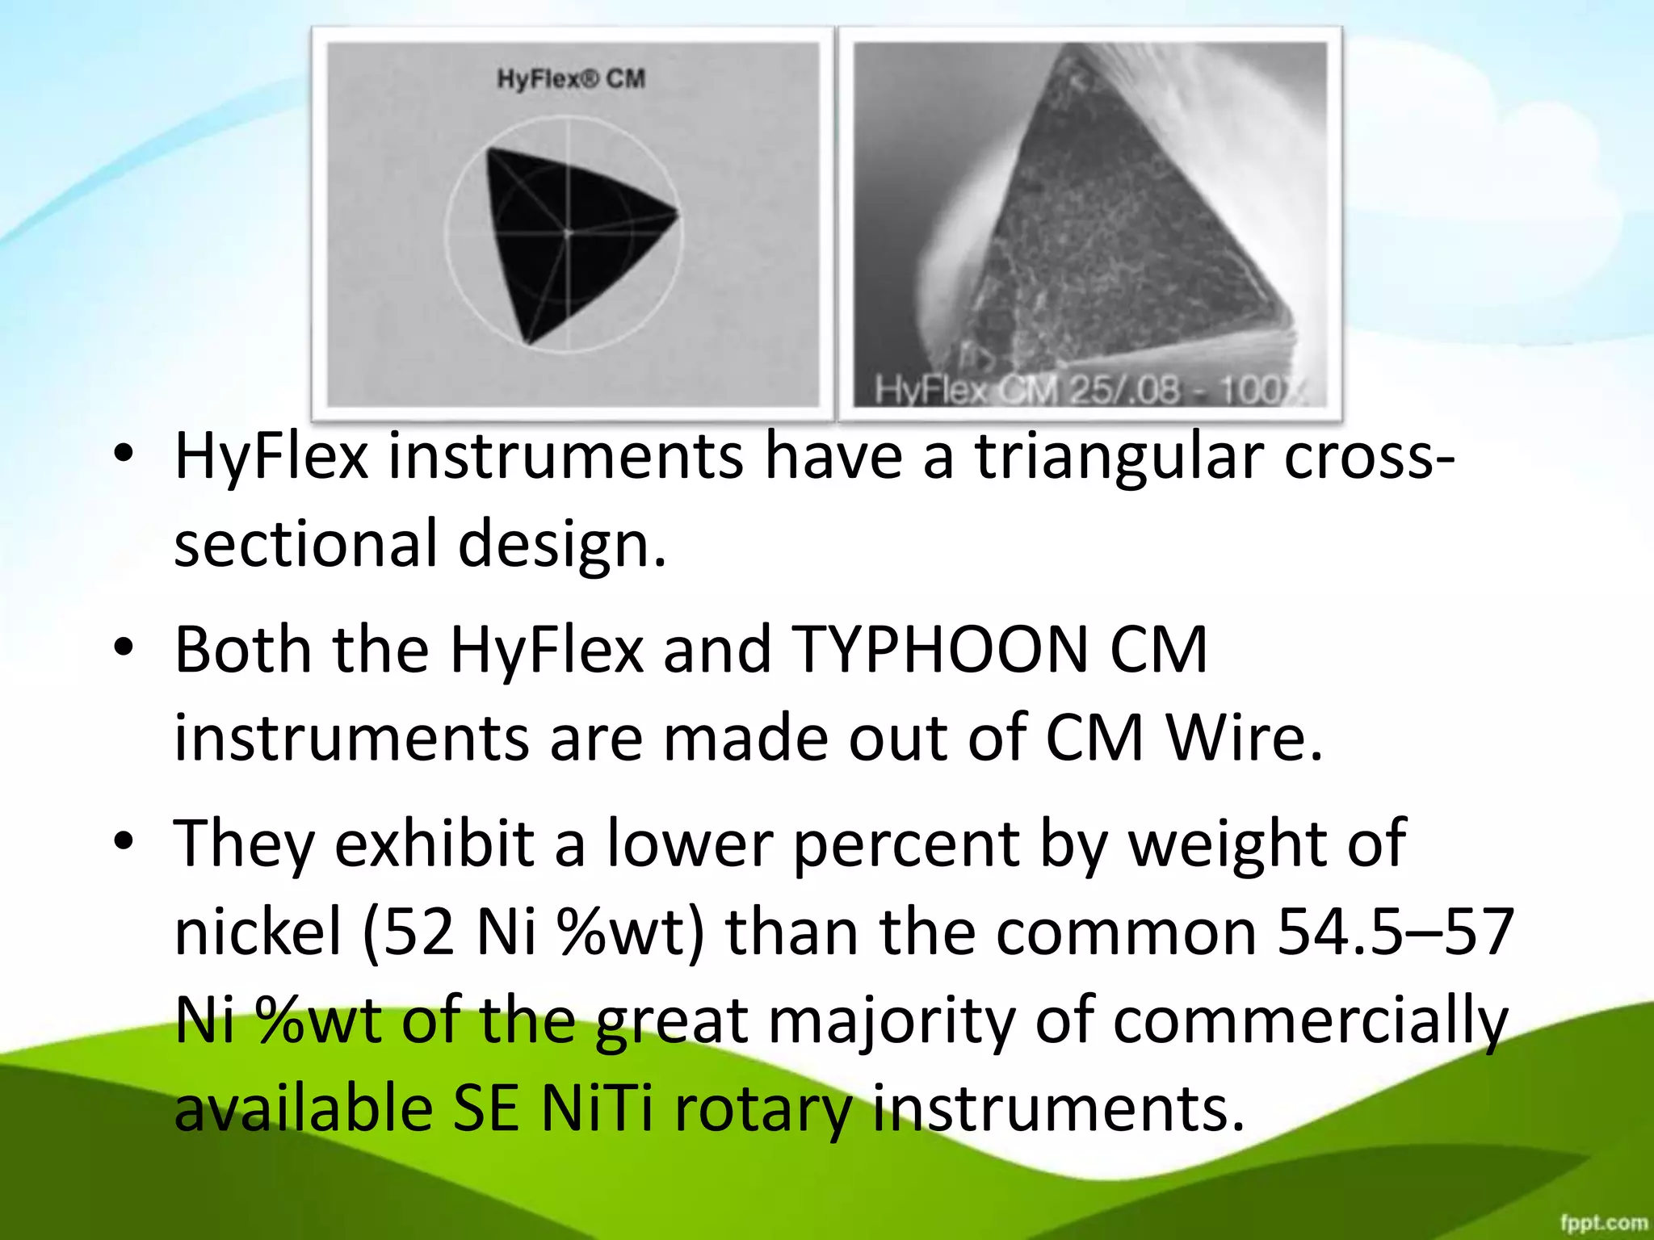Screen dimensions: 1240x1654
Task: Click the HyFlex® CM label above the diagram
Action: point(570,79)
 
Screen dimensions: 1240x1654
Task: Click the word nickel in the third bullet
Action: point(258,932)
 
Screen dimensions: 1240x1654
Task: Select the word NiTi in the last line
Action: point(596,1108)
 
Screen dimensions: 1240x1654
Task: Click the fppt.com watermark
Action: point(1603,1222)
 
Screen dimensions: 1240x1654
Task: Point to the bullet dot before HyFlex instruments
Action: point(123,454)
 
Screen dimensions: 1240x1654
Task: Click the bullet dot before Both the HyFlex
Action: point(123,647)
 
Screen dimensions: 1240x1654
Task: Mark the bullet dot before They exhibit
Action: point(123,841)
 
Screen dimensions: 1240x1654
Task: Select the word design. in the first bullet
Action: point(562,544)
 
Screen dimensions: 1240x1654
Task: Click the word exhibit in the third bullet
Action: point(434,843)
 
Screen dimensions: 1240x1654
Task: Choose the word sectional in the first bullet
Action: point(305,544)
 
